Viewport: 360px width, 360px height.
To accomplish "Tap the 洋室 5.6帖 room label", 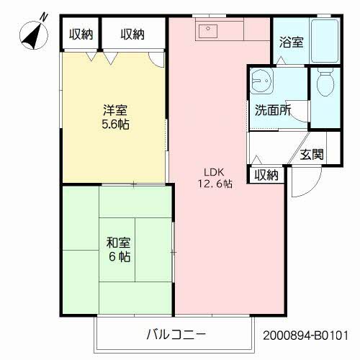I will click(115, 116).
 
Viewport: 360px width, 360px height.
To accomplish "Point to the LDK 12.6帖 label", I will click(216, 178).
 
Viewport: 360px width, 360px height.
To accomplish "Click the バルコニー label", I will click(176, 335).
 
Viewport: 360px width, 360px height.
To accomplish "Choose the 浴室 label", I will click(291, 42).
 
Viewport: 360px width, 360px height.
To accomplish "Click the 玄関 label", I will click(312, 154).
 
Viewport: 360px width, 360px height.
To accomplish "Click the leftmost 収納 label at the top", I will click(80, 34).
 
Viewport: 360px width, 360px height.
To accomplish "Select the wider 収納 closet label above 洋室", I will click(132, 34).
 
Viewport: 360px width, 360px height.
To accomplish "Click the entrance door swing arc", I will click(300, 187).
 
